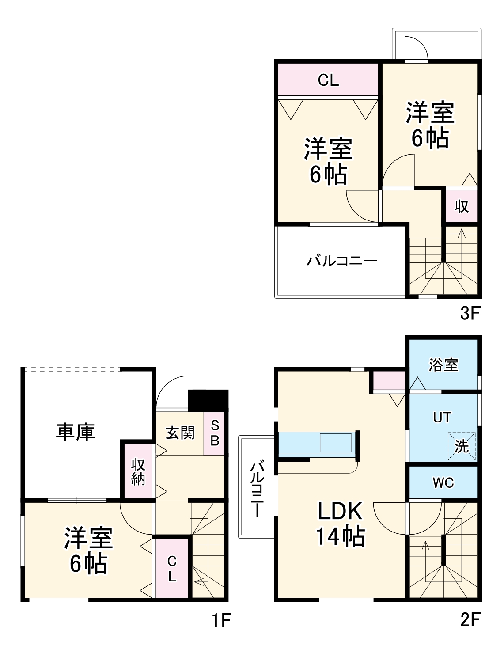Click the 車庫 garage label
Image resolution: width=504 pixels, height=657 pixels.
pos(76,432)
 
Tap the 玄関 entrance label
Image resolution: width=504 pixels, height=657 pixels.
pos(180,433)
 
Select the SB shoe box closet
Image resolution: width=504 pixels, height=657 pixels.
pos(215,433)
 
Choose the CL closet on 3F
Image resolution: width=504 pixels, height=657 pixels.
pos(328,80)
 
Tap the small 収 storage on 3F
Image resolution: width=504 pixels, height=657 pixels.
pos(462,206)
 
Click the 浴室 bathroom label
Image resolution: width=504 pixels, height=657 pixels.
pos(443,365)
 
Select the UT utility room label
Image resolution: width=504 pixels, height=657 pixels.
pos(442,417)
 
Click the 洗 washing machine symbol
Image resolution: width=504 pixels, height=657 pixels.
pos(462,446)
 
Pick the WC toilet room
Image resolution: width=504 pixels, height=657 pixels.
pos(443,482)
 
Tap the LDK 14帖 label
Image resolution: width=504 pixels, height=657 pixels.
pos(340,524)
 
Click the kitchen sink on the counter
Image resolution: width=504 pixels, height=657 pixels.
pos(335,443)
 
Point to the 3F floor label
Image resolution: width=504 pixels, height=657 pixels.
pos(470,313)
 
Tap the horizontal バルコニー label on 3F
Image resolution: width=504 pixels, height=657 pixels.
pos(342,261)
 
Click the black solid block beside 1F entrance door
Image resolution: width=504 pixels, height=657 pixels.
pos(208,400)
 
